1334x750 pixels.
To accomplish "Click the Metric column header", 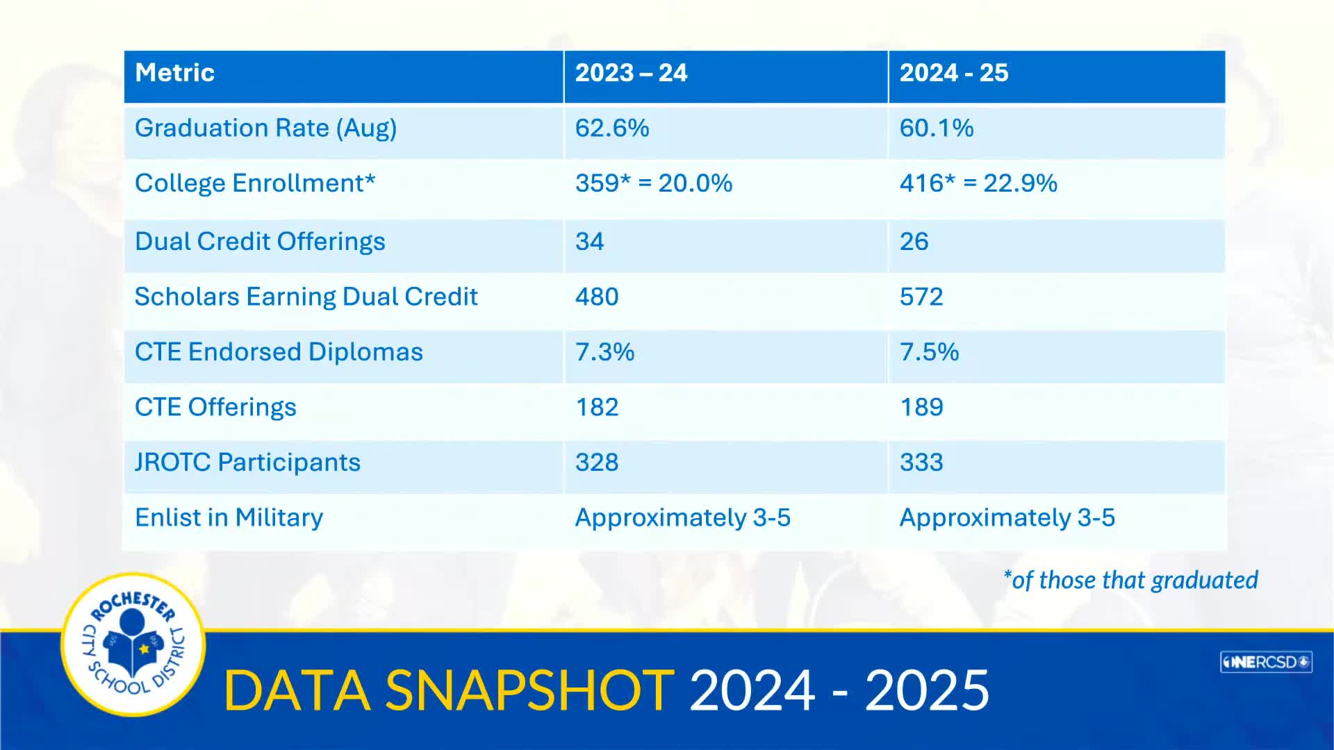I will tap(174, 73).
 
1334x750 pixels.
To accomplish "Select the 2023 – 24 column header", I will tap(631, 73).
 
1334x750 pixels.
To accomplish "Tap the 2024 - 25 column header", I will tap(953, 73).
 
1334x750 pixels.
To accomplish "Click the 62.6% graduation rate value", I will tap(611, 128).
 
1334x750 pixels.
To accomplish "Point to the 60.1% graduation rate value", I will tap(936, 128).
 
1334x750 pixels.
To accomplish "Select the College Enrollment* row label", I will tap(255, 183).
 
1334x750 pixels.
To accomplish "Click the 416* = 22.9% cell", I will tap(978, 183).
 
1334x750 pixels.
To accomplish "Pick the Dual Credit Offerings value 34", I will tap(589, 242).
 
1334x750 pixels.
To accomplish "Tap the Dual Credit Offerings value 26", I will tap(914, 242).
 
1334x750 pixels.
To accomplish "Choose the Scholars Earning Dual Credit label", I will tap(306, 297).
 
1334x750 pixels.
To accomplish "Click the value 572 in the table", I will tap(921, 297).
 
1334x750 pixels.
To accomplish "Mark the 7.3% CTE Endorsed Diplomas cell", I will tap(604, 352).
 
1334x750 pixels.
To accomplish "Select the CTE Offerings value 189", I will tap(921, 408).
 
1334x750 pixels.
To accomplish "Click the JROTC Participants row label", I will tap(247, 462).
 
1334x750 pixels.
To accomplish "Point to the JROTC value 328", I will tap(596, 462).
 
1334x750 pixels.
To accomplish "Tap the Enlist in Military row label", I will tap(229, 518).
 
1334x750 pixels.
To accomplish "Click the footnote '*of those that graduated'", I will tap(1130, 580).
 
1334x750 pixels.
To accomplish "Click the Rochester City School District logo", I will tap(133, 644).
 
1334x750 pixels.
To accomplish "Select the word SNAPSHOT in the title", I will tap(529, 691).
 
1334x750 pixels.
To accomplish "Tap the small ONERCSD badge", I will tap(1265, 662).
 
